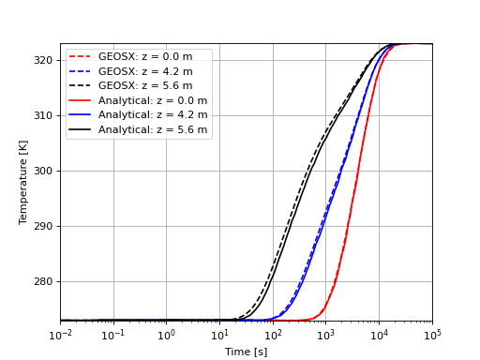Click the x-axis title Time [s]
[x=246, y=352]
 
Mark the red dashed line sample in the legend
[x=82, y=57]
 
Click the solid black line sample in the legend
[x=82, y=129]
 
